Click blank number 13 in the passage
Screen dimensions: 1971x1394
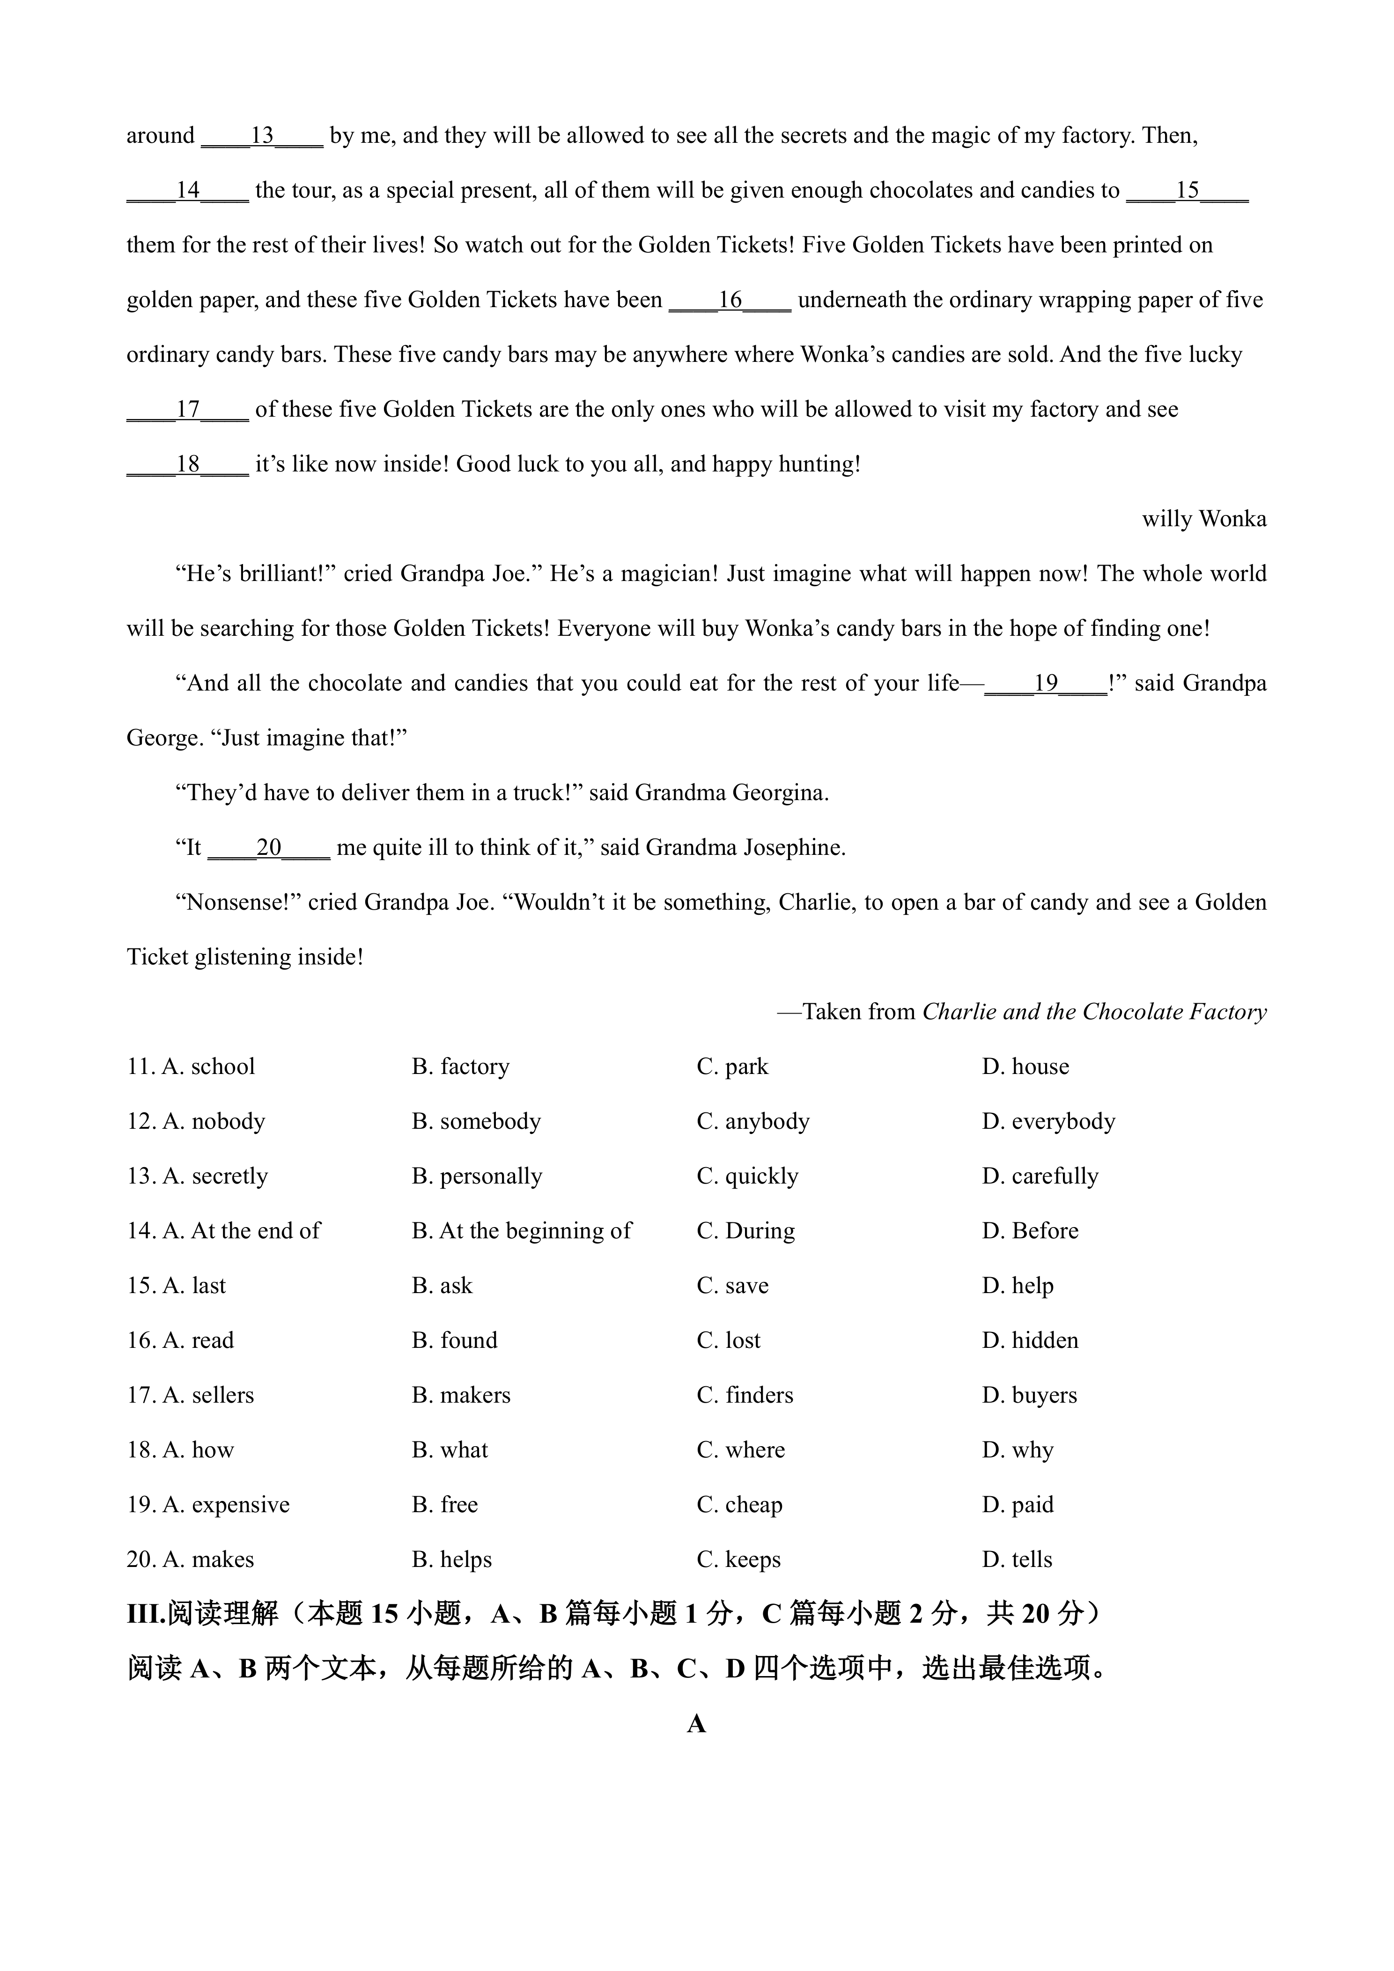(262, 136)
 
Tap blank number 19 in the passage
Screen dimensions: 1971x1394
(1046, 684)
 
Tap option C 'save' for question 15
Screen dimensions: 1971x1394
(732, 1286)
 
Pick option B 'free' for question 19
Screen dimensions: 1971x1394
(445, 1505)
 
